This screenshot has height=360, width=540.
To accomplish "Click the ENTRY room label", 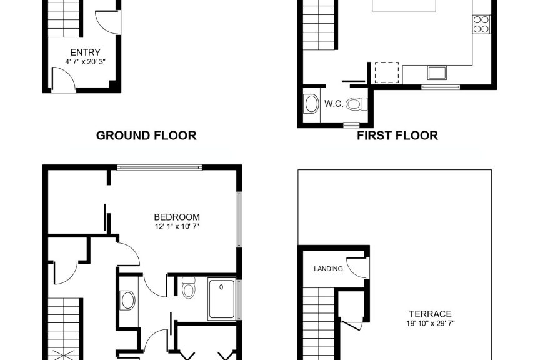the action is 86,52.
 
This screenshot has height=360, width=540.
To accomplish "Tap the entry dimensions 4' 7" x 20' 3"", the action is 85,62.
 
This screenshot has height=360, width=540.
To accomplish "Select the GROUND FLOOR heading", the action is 146,136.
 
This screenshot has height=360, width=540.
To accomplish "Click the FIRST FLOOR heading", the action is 397,136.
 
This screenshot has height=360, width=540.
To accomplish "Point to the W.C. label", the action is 334,104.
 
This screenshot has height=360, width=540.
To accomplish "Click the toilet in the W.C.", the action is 357,104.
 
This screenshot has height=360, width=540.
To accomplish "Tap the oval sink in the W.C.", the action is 311,104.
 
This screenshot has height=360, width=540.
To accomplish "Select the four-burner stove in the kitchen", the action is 481,24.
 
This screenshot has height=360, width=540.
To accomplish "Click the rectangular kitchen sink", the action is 437,72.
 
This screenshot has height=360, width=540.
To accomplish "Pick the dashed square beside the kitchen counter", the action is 387,72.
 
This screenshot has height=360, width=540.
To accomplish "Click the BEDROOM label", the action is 177,217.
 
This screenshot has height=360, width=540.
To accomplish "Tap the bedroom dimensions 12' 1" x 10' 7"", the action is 177,227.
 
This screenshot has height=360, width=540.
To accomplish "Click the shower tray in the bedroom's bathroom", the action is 222,299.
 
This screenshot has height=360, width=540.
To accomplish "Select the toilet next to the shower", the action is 188,287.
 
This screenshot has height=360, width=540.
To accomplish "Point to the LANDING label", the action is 328,269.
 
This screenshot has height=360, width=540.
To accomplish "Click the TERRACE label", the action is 430,314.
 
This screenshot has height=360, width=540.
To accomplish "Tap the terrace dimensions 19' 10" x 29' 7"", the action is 431,324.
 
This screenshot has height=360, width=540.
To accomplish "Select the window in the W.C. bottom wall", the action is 351,124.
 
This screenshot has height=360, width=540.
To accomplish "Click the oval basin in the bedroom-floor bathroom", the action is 127,301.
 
